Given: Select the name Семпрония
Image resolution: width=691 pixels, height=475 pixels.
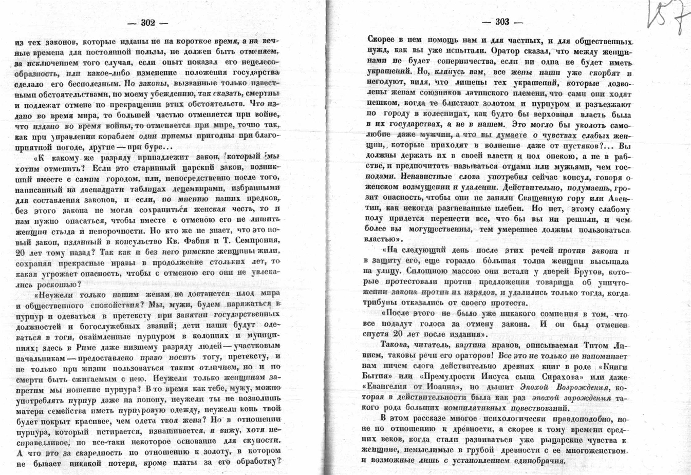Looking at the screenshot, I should (x=255, y=241).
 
